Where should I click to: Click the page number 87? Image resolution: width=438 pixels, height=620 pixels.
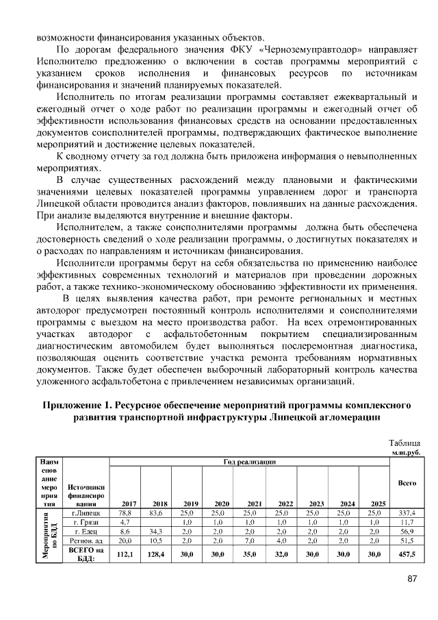412,579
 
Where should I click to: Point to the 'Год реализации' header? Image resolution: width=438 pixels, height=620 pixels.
249,462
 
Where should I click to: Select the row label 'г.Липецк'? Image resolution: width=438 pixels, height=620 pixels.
86,512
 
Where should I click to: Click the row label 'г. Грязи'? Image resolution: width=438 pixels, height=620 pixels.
86,521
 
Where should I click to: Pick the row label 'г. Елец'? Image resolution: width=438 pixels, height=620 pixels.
86,531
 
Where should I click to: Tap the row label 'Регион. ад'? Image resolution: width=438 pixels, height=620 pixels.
86,541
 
